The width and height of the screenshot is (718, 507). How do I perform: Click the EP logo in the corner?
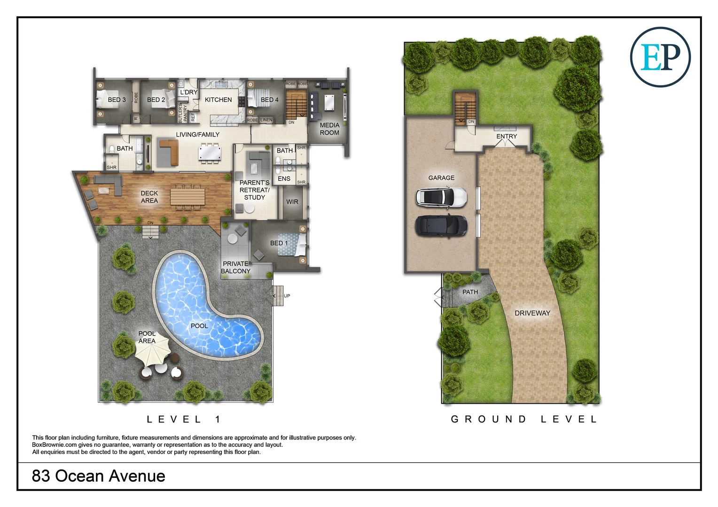point(660,57)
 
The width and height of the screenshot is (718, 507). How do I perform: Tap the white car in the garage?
point(441,197)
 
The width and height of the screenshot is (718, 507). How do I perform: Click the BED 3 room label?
point(117,100)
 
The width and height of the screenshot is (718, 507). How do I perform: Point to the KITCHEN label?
point(218,100)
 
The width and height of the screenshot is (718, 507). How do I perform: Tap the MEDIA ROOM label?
point(329,129)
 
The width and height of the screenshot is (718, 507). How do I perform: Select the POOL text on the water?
point(199,326)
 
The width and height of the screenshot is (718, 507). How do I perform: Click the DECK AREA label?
point(149,197)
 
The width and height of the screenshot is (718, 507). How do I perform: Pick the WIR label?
point(292,202)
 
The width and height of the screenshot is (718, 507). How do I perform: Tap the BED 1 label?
point(279,243)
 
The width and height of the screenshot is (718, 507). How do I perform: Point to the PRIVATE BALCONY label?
point(236,268)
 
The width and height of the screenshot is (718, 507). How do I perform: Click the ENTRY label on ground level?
point(507,137)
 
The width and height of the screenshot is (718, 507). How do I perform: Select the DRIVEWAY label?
point(532,313)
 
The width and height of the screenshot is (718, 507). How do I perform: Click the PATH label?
point(470,292)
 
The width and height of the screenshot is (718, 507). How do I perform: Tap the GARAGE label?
point(441,178)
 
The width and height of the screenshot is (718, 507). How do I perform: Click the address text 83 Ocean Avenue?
point(99,476)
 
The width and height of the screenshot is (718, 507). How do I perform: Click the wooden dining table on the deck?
point(187,196)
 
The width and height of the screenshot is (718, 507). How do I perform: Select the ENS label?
point(284,179)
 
